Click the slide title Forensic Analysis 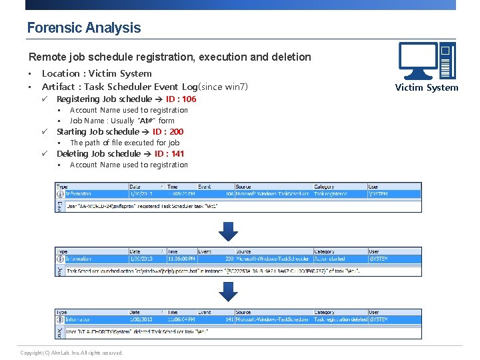84,28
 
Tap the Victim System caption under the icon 427,87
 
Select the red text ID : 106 181,99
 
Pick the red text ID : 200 168,132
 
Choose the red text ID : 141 169,154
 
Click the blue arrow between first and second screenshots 229,231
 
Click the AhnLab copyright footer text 72,353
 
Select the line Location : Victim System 97,74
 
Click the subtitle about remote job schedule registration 170,57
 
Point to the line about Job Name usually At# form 122,121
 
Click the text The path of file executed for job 125,143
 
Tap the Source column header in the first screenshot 243,187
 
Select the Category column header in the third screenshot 324,312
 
